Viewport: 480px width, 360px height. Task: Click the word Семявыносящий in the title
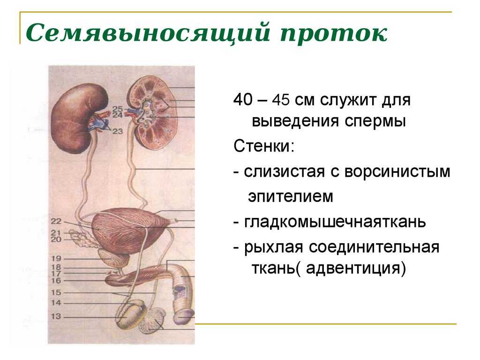[x=148, y=33]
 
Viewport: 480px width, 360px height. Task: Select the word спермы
[x=375, y=121]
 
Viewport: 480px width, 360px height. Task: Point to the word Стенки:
[x=264, y=146]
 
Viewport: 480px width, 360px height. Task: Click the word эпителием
[x=291, y=196]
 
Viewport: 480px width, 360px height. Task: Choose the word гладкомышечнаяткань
[x=335, y=222]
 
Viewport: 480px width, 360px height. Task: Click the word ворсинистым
[x=397, y=172]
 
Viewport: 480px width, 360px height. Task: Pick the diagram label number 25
[x=118, y=109]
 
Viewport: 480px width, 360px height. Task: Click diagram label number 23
[x=118, y=131]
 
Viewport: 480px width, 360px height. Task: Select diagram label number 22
[x=56, y=221]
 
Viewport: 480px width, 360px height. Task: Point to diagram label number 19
[x=56, y=259]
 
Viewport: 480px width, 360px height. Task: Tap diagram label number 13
[x=56, y=316]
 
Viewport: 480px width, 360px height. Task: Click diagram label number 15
[x=56, y=292]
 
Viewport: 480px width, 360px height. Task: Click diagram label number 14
[x=56, y=303]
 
